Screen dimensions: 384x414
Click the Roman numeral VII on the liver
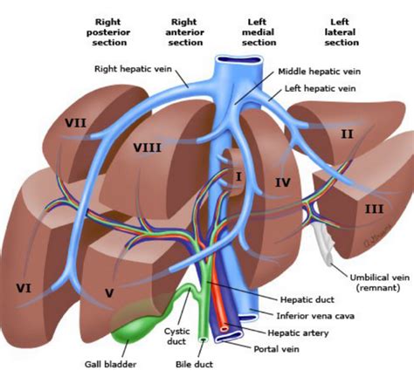76,123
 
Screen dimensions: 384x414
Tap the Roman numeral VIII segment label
146,147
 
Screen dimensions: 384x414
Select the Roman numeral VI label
24,285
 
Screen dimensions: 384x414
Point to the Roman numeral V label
108,292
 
